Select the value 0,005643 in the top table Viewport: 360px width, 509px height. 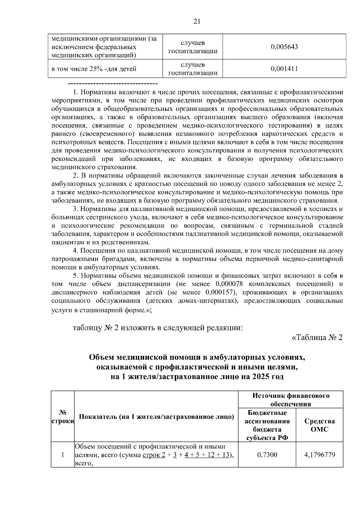(x=284, y=47)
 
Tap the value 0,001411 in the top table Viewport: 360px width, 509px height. (x=284, y=69)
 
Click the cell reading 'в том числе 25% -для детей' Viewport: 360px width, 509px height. (x=94, y=69)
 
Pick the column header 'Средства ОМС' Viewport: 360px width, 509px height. (x=319, y=425)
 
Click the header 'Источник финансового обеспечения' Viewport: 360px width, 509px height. (x=291, y=400)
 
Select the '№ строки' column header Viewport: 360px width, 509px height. (x=63, y=417)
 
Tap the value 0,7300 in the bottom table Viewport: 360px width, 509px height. (x=267, y=455)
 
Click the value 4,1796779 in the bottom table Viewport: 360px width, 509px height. (x=319, y=455)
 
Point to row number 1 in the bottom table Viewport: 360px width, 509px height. (x=63, y=455)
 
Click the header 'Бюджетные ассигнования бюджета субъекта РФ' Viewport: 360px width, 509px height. (x=267, y=425)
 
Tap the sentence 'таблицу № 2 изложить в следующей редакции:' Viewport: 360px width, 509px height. (x=158, y=327)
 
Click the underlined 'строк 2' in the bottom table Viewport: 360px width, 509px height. (x=154, y=455)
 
